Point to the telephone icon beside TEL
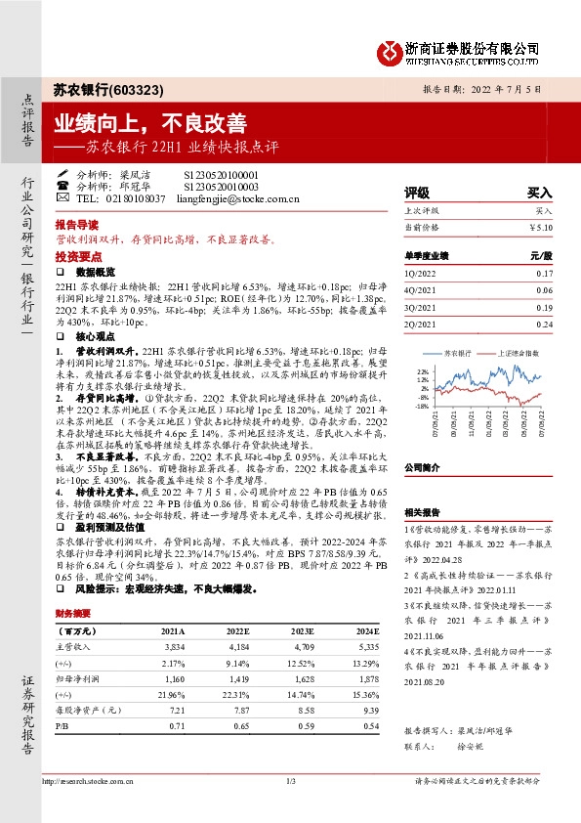[62, 196]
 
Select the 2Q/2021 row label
[420, 323]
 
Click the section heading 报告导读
[77, 224]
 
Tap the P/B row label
[62, 727]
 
